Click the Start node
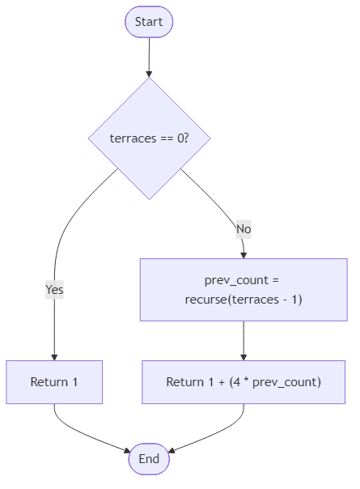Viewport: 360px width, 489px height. (x=149, y=22)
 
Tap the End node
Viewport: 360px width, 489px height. (x=149, y=459)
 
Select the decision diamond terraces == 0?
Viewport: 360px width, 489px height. (x=149, y=138)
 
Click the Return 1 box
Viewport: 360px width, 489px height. (x=54, y=382)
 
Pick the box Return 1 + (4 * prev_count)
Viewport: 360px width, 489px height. (x=244, y=382)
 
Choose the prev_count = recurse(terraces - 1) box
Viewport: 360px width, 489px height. (x=244, y=290)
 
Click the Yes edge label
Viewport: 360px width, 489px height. (x=54, y=289)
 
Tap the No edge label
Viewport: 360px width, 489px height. (x=244, y=229)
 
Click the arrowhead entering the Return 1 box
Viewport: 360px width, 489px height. (x=54, y=356)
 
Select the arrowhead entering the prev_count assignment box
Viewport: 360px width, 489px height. (x=244, y=254)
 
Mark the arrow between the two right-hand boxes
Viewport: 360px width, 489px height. (x=244, y=340)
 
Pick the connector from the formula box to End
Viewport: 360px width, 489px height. (x=218, y=437)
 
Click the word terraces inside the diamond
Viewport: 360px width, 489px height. (x=133, y=138)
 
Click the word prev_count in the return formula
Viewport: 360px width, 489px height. (x=284, y=382)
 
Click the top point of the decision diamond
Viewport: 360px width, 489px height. (x=149, y=79)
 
